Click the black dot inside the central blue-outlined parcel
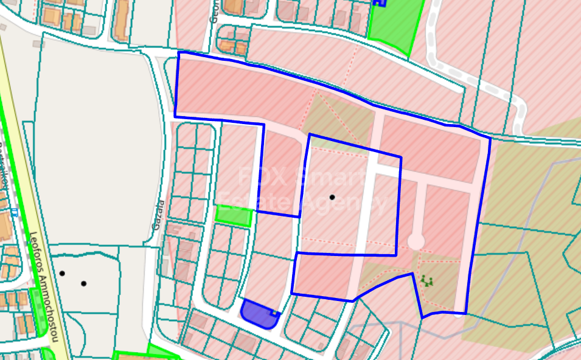332,197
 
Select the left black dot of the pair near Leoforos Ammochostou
62,274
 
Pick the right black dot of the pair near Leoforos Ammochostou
83,283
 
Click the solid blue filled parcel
257,314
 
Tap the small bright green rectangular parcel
234,216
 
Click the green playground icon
426,280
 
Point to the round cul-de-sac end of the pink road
416,241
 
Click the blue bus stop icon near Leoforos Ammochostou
13,212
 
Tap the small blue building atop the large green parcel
379,3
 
